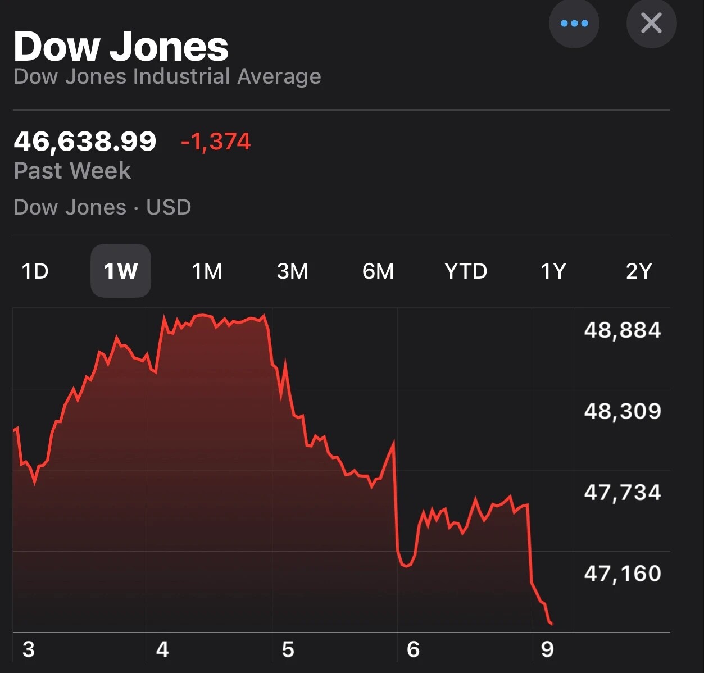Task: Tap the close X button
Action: click(651, 23)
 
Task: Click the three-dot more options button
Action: click(574, 23)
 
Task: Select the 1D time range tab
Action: click(35, 271)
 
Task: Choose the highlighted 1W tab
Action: click(120, 271)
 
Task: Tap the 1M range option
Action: click(207, 271)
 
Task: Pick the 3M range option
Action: click(292, 271)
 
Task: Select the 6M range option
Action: click(378, 271)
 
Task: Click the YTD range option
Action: click(465, 271)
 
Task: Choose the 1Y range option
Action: click(553, 271)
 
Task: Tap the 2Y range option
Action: click(639, 271)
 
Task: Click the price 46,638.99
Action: click(85, 141)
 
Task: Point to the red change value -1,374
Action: click(216, 142)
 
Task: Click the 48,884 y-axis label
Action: click(623, 330)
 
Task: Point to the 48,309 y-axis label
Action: click(623, 411)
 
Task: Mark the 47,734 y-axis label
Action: click(623, 493)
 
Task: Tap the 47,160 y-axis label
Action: click(623, 574)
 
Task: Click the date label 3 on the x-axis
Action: click(28, 649)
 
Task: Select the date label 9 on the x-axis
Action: click(547, 649)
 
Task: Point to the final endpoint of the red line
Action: click(552, 624)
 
